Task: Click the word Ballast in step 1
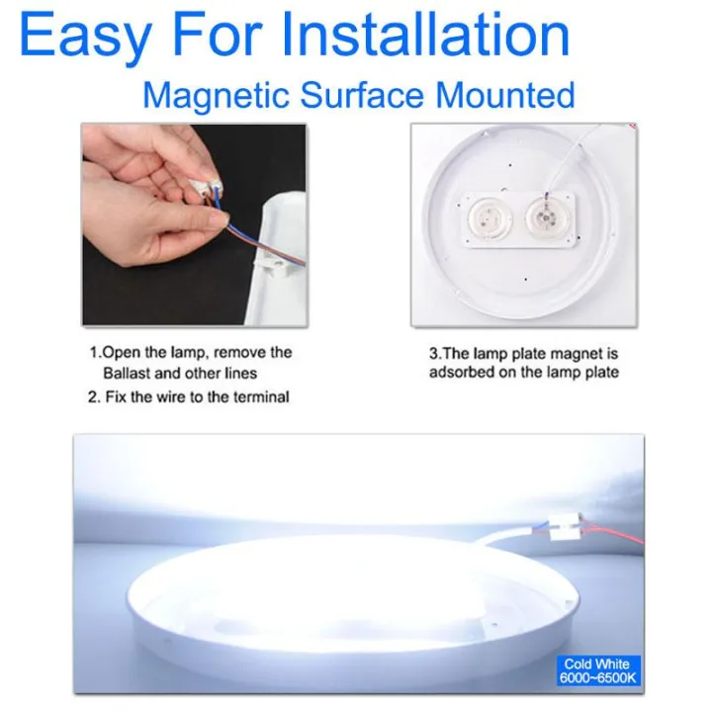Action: click(x=127, y=373)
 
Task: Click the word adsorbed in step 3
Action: click(x=461, y=373)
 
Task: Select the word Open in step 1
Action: click(x=120, y=352)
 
